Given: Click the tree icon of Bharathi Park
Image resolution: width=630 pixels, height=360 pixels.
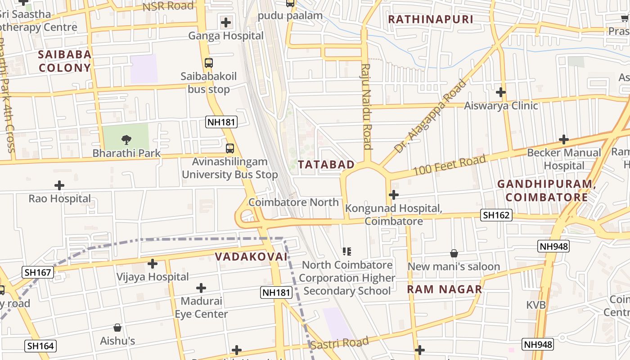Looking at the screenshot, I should pos(126,140).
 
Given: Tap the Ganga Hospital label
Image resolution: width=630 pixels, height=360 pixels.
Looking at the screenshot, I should pos(226,36).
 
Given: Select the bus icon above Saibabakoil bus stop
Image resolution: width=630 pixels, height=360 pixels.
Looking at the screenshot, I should pos(209,63).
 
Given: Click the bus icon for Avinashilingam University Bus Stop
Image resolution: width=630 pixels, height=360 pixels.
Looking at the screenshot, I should pos(229,148).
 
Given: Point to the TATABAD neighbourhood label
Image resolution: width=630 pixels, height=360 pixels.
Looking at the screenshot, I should pos(326,165).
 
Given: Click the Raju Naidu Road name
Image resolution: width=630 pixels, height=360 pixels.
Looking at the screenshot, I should pos(366,107).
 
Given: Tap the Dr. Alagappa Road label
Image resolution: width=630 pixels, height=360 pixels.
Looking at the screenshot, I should pos(430,116).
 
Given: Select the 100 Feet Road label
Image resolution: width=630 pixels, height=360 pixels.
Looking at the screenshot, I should pos(450,165).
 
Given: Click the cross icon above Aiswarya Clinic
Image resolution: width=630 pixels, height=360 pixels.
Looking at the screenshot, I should pos(500,92).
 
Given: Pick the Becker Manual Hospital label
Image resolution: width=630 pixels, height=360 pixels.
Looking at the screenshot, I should pos(564,159).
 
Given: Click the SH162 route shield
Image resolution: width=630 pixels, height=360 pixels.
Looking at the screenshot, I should pos(496,215).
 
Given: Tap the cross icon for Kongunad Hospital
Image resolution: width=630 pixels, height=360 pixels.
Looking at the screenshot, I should pos(394,195).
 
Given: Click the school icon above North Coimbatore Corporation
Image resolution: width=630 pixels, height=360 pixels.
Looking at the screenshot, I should pos(346,251).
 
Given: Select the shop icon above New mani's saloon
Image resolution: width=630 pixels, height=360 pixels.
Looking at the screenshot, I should pos(454,254).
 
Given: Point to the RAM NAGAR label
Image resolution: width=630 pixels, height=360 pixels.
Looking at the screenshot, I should pos(444,289).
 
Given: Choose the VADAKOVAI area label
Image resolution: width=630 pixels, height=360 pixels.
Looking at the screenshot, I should pos(251,256).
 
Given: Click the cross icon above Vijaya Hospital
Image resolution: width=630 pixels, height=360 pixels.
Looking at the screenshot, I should pos(153,264).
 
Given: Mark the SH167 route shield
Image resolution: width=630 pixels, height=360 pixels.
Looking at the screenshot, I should pos(38,272).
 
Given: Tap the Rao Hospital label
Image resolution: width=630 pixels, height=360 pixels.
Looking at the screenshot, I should pos(59,198).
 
